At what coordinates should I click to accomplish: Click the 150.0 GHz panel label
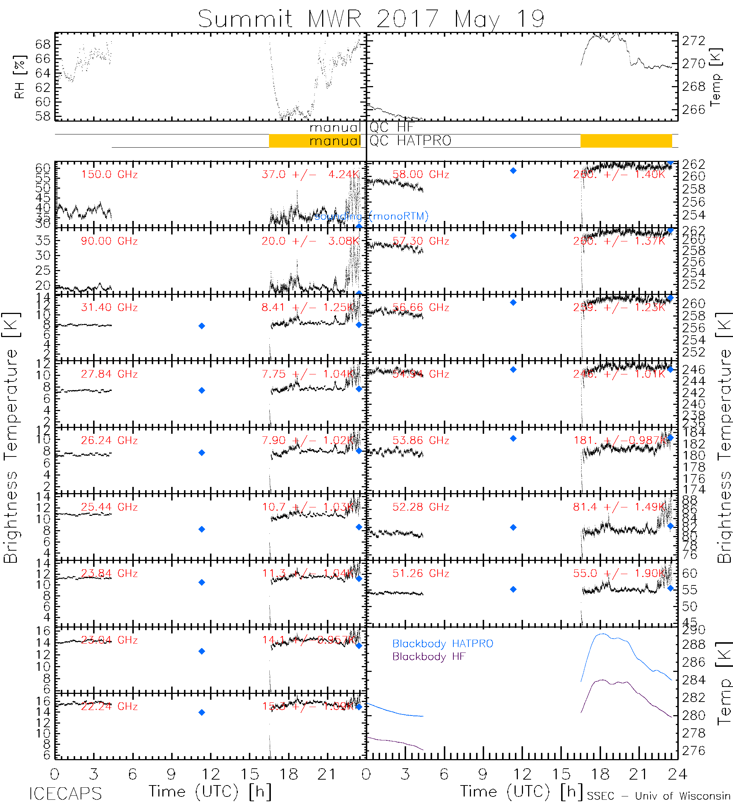[109, 175]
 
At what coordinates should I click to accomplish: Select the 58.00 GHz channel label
[421, 175]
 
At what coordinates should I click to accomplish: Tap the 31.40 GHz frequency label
[109, 307]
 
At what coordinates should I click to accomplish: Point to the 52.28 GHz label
[421, 507]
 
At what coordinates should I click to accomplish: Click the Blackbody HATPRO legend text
[443, 644]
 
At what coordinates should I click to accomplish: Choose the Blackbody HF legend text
[429, 657]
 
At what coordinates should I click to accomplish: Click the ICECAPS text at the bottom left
[65, 794]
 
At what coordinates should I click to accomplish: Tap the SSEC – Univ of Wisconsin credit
[659, 796]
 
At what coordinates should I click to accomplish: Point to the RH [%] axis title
[19, 77]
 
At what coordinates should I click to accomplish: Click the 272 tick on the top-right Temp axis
[693, 41]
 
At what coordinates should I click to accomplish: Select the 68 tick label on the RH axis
[43, 44]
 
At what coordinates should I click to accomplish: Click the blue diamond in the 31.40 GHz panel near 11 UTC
[202, 326]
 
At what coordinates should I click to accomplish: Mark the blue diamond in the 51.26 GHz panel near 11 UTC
[513, 589]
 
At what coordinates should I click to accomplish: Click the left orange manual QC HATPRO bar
[315, 141]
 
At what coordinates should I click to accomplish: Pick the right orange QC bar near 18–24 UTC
[626, 141]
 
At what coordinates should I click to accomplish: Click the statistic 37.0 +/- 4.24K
[310, 175]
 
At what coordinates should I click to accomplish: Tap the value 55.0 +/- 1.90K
[619, 573]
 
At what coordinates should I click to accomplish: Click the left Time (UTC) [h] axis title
[210, 792]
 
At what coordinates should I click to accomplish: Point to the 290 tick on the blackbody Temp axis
[693, 631]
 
